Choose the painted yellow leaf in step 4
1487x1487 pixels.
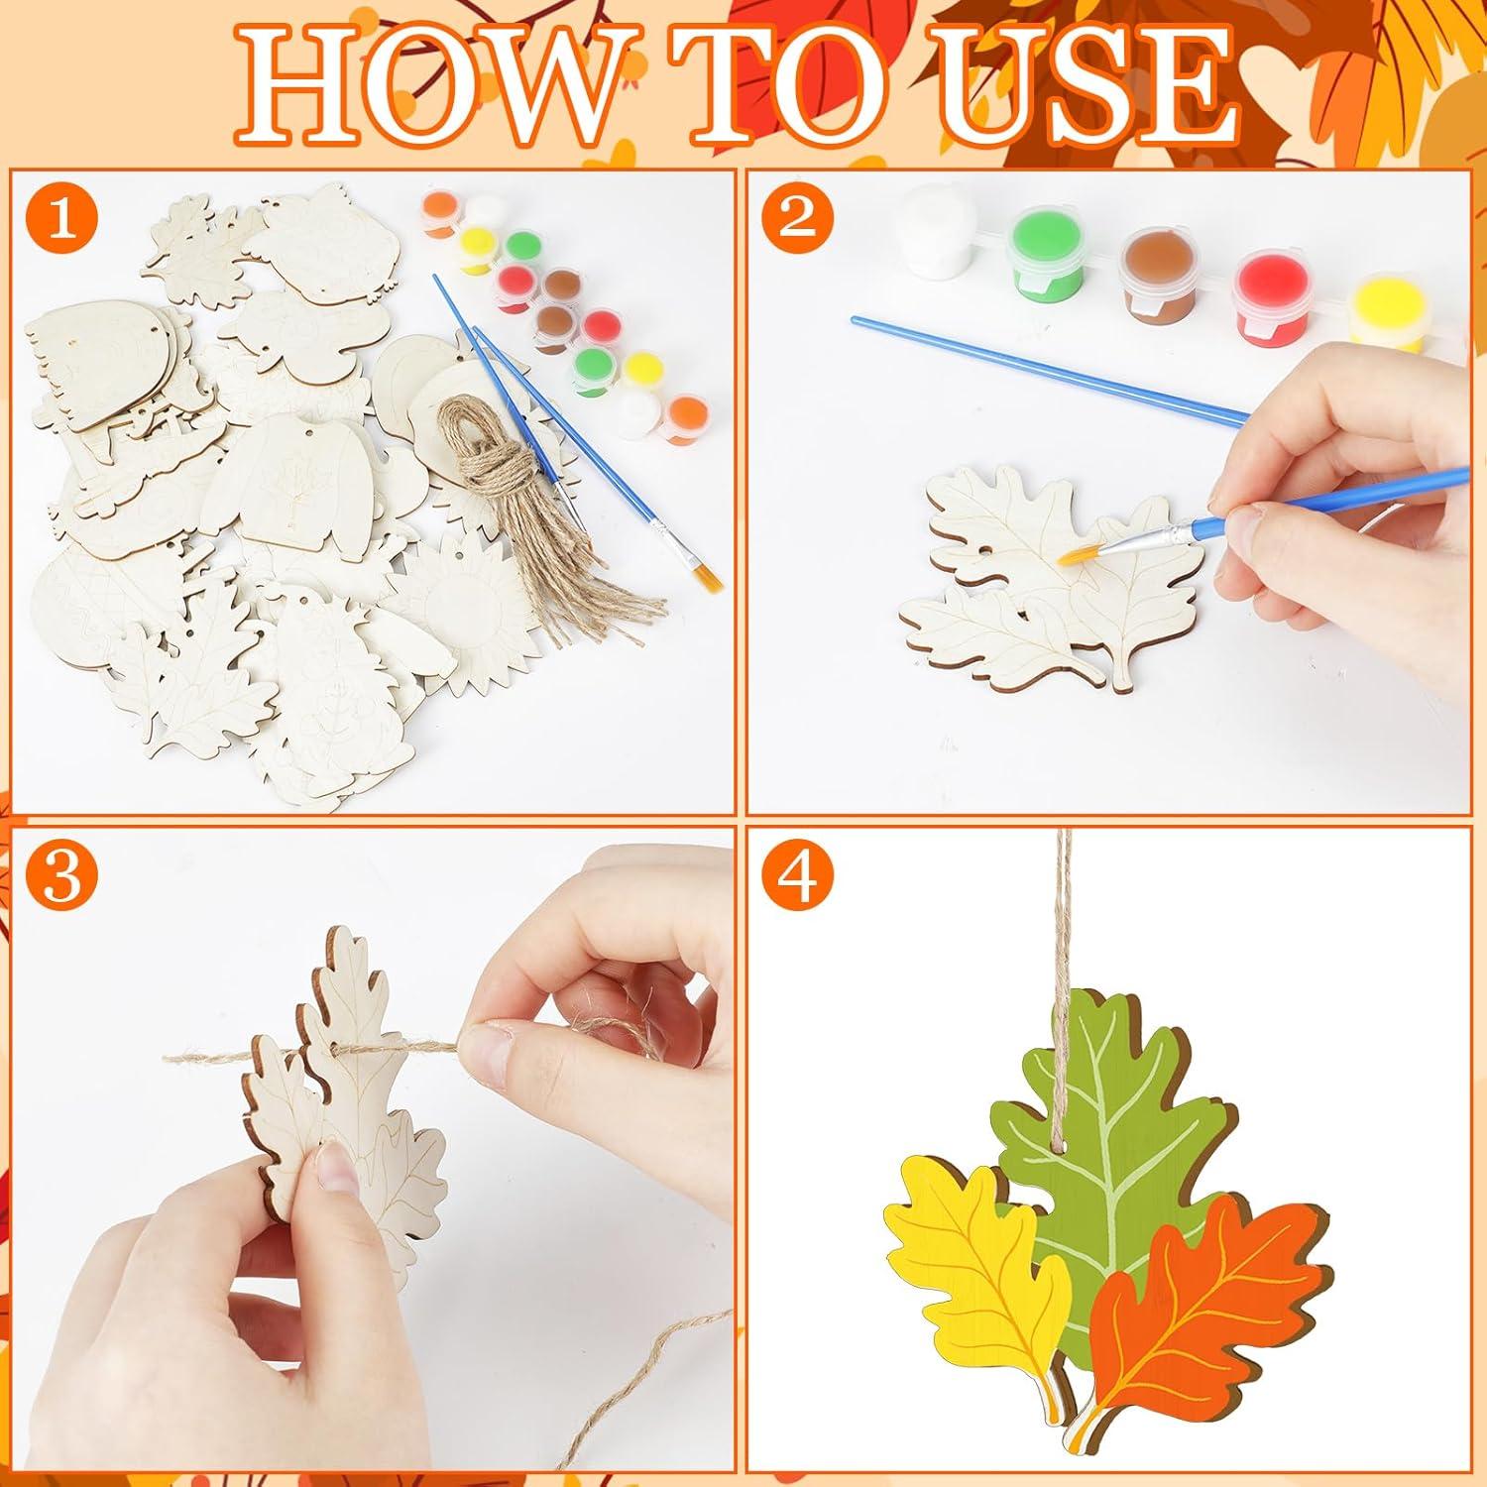tap(976, 1249)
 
